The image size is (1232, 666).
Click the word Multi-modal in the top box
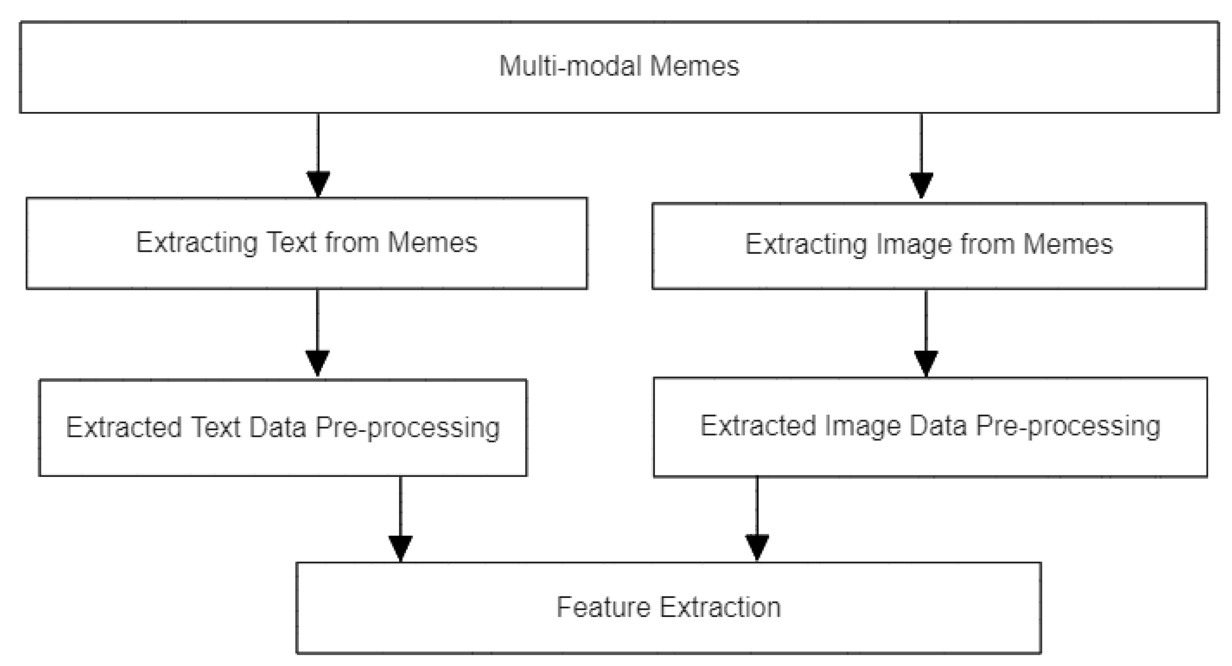point(569,66)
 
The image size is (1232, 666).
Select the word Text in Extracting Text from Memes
point(291,242)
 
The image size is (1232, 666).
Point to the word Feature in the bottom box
point(604,607)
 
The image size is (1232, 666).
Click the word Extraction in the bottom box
point(720,607)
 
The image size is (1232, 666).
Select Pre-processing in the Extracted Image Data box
point(1067,426)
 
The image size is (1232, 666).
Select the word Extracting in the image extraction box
point(806,245)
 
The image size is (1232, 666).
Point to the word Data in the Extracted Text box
point(278,427)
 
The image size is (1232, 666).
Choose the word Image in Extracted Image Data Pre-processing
point(862,426)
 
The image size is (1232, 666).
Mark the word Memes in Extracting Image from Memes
point(1067,245)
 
